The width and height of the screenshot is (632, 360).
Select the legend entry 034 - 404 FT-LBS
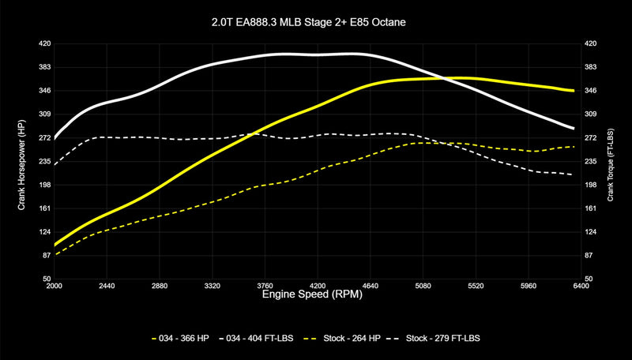[268, 338]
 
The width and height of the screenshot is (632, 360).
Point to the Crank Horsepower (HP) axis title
[21, 161]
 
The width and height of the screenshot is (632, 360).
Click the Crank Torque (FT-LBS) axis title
[611, 161]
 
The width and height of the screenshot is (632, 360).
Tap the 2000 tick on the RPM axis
[54, 286]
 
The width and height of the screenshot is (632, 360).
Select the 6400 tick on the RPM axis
[581, 286]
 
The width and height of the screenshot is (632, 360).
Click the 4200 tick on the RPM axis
[318, 286]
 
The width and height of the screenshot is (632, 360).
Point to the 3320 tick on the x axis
[212, 286]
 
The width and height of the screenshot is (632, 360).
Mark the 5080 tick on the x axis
[423, 286]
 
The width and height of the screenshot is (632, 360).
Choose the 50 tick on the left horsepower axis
[45, 279]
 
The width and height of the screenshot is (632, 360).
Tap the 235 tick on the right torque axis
[590, 161]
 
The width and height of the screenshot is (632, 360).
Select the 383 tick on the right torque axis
[590, 67]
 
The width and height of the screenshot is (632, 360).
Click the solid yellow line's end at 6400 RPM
[574, 91]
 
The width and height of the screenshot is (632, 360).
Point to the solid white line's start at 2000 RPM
[55, 139]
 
